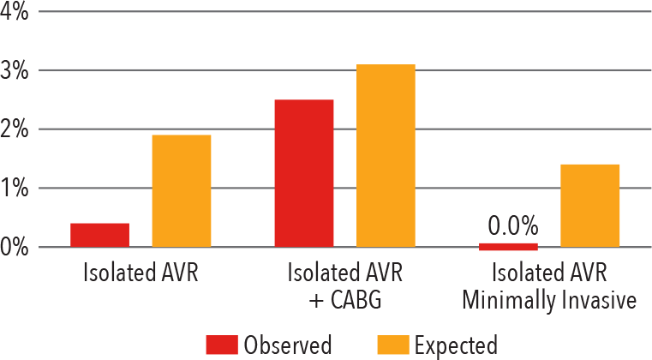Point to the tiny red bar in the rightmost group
tap(507, 250)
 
